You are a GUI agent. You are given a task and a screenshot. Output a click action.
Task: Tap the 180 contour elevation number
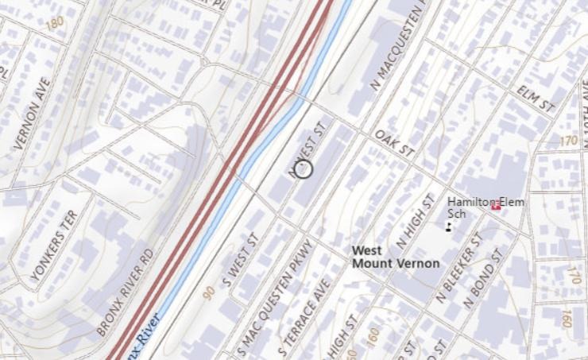[x=54, y=23]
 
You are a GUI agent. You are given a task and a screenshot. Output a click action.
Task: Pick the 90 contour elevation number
[x=208, y=293]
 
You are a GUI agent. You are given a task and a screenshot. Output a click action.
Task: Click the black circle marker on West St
[x=304, y=168]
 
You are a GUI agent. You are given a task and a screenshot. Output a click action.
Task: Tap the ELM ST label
[x=533, y=97]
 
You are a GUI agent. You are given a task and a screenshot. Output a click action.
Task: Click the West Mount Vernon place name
[x=395, y=257]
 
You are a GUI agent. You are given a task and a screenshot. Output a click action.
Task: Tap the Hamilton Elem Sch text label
[x=477, y=207]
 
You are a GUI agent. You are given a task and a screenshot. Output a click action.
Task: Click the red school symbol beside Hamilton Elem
[x=496, y=207]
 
